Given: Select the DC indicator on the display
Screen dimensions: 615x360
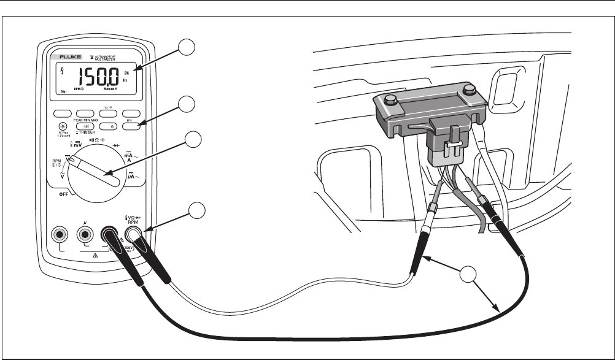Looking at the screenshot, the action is click(x=126, y=72).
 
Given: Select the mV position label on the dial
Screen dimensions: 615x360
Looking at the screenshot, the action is click(x=80, y=145).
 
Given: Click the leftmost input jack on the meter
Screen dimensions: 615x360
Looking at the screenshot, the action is click(x=60, y=234).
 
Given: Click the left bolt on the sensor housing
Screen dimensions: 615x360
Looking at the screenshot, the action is click(x=391, y=98).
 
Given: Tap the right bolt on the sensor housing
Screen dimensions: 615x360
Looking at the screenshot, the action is click(x=470, y=90).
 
